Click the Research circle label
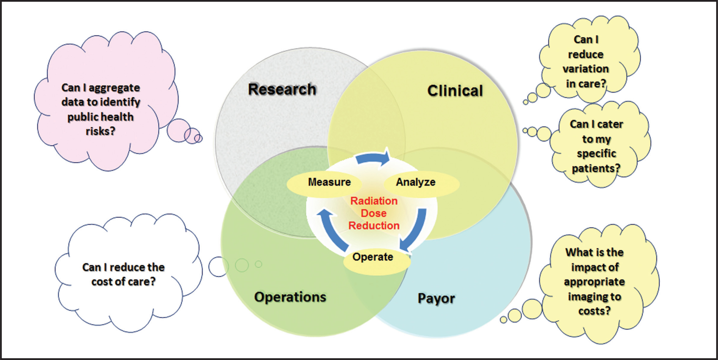pyautogui.click(x=282, y=89)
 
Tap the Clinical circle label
pyautogui.click(x=455, y=91)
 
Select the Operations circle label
pyautogui.click(x=290, y=297)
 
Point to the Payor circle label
pyautogui.click(x=436, y=299)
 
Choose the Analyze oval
pyautogui.click(x=422, y=183)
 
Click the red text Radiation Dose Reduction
pyautogui.click(x=374, y=213)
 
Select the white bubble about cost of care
pyautogui.click(x=128, y=273)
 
